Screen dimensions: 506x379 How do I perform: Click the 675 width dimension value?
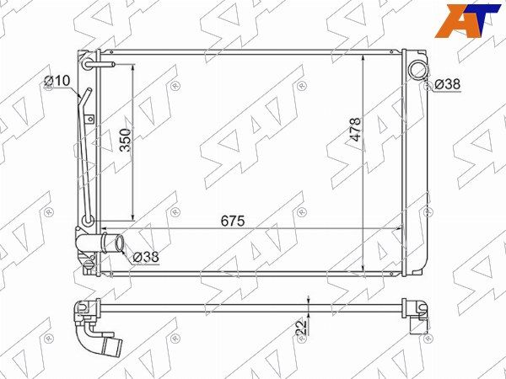233,221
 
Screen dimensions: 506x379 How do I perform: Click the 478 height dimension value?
356,129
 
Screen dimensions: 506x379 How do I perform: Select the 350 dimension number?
126,140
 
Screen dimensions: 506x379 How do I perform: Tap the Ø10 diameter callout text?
57,81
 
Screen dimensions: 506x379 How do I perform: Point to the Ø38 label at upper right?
447,84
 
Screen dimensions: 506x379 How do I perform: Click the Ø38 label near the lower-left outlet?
146,257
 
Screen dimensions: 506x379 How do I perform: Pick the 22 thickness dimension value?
301,328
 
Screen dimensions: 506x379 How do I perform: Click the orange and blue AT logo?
467,21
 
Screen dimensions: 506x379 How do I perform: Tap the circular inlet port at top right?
417,69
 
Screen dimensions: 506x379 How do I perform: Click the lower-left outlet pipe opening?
120,244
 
